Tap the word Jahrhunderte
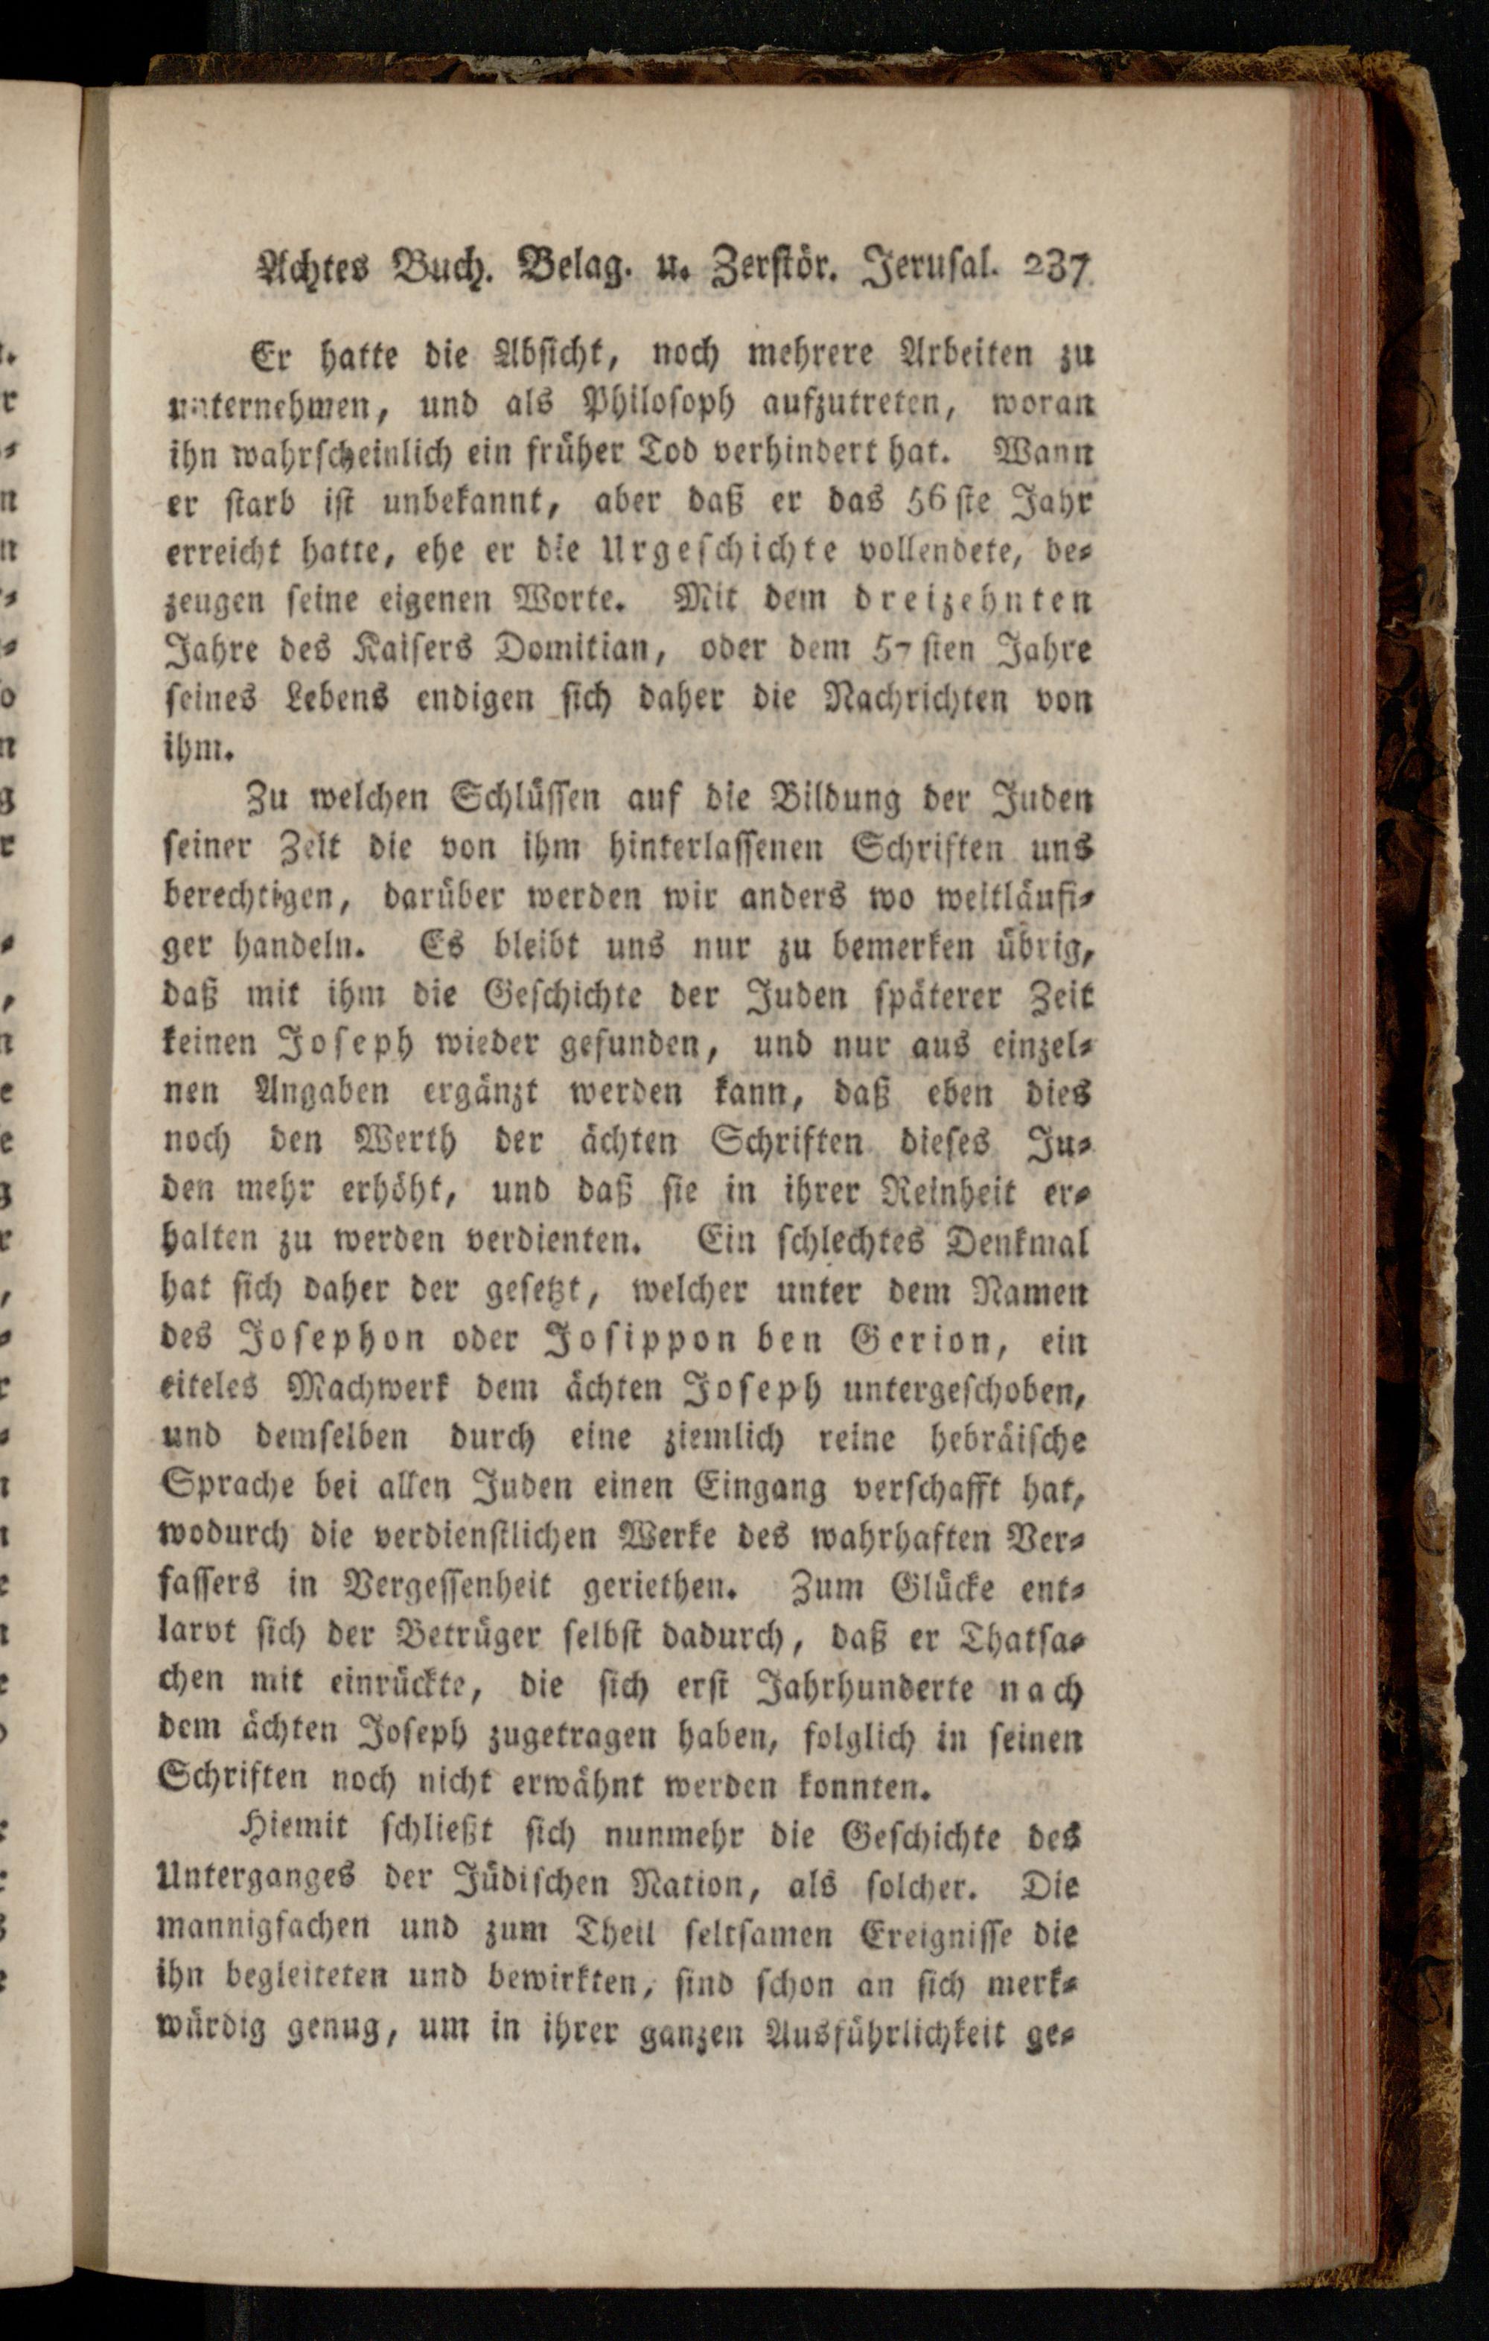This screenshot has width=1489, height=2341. click(864, 1687)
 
